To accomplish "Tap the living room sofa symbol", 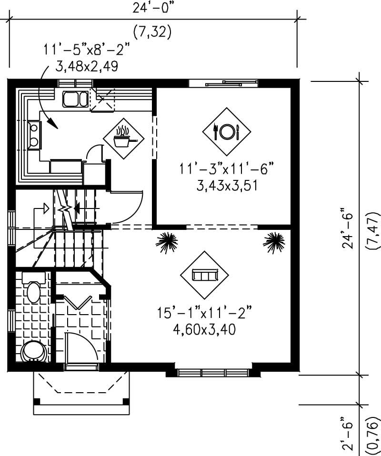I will coord(204,275).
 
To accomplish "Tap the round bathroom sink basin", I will coord(34,352).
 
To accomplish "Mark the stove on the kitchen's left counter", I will coord(34,134).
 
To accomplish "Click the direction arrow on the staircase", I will coord(44,208).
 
